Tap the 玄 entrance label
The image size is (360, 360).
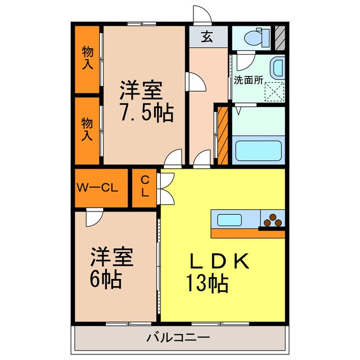click(x=207, y=38)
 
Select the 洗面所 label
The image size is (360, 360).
click(x=248, y=80)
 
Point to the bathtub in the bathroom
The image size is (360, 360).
click(x=258, y=150)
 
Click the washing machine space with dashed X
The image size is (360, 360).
click(x=275, y=91)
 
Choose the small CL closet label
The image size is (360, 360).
click(x=145, y=187)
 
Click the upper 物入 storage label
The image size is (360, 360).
click(x=88, y=58)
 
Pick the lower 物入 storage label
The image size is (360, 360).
click(x=87, y=129)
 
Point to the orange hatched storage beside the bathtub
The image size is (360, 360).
click(x=223, y=135)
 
